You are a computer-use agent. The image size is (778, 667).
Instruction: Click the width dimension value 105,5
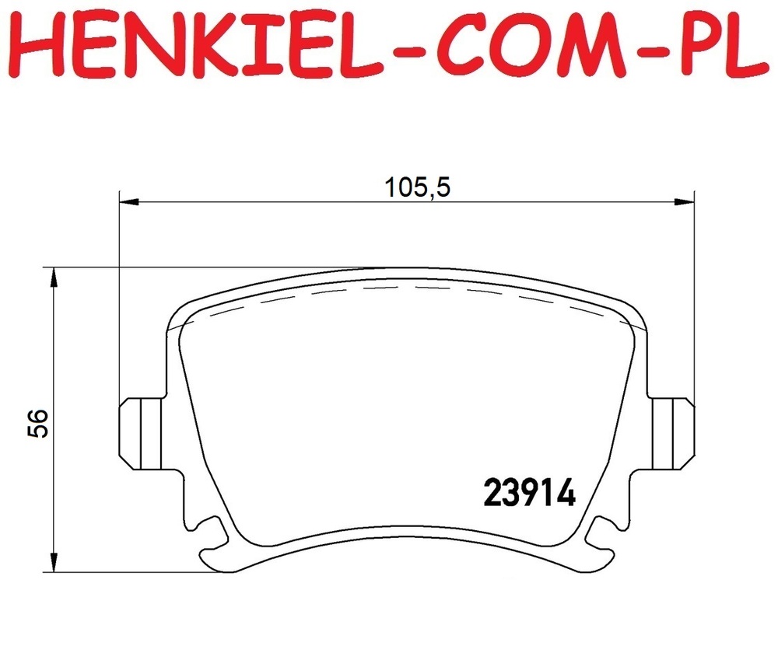418,188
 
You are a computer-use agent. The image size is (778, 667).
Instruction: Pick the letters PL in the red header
719,46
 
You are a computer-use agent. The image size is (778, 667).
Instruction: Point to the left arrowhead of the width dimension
129,201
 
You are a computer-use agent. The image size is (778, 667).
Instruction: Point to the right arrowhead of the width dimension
685,201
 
